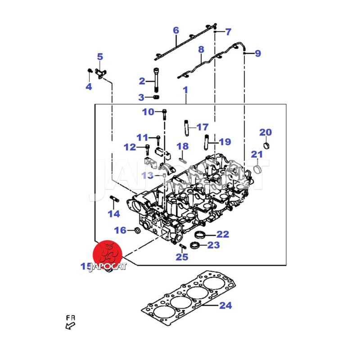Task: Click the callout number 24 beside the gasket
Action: [225, 306]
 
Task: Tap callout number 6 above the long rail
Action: [176, 31]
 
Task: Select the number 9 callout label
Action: [258, 54]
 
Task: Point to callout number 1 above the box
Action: [185, 90]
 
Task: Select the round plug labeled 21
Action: [258, 170]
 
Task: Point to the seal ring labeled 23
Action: [195, 245]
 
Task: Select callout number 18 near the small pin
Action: [182, 146]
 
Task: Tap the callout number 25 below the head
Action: [182, 257]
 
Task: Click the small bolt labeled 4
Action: [90, 71]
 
